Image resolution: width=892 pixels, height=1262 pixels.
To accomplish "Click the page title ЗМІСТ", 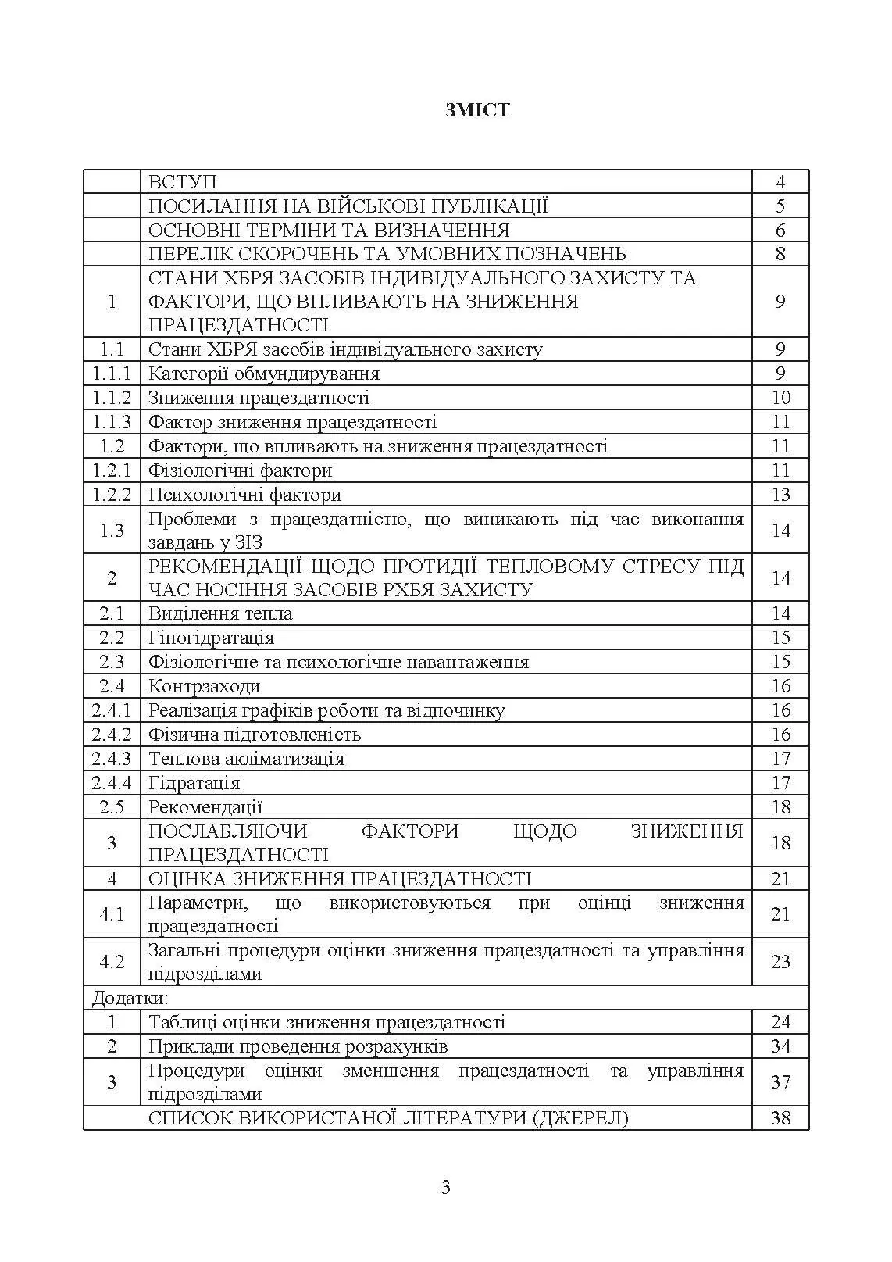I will pyautogui.click(x=477, y=110).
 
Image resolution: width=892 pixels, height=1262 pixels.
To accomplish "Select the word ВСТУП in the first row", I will pyautogui.click(x=183, y=182).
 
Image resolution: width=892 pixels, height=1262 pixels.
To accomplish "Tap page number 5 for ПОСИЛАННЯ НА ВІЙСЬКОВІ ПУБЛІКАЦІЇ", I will pyautogui.click(x=780, y=206).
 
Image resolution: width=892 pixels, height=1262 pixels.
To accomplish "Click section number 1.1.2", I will pyautogui.click(x=112, y=398).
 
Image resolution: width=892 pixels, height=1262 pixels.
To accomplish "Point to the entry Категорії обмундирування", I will pyautogui.click(x=264, y=374).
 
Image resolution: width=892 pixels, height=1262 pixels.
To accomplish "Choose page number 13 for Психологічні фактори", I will pyautogui.click(x=780, y=495).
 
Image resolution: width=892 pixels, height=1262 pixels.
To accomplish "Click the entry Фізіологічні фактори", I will pyautogui.click(x=240, y=470).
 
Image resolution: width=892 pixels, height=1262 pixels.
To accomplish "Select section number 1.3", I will pyautogui.click(x=112, y=531).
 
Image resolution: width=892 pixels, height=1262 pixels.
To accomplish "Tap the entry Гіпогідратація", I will pyautogui.click(x=211, y=638).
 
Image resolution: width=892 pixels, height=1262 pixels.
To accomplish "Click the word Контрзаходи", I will pyautogui.click(x=204, y=686).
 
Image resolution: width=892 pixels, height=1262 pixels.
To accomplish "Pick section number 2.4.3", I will pyautogui.click(x=112, y=759).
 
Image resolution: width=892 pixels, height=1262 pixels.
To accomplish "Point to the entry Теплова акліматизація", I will pyautogui.click(x=246, y=759).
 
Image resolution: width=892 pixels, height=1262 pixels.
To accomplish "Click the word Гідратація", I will pyautogui.click(x=194, y=783).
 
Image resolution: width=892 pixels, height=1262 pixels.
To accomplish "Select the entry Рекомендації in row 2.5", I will pyautogui.click(x=205, y=807).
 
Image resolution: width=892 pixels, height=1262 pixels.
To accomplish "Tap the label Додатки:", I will pyautogui.click(x=130, y=998).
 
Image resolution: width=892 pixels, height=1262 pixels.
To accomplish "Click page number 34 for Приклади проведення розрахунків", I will pyautogui.click(x=780, y=1046).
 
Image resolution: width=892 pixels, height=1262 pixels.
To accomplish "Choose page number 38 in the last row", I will pyautogui.click(x=780, y=1118).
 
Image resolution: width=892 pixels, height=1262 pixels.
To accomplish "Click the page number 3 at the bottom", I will pyautogui.click(x=446, y=1188).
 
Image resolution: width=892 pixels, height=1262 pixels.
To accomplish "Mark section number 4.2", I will pyautogui.click(x=112, y=962).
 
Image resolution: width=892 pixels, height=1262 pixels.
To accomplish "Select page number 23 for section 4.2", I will pyautogui.click(x=780, y=962).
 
